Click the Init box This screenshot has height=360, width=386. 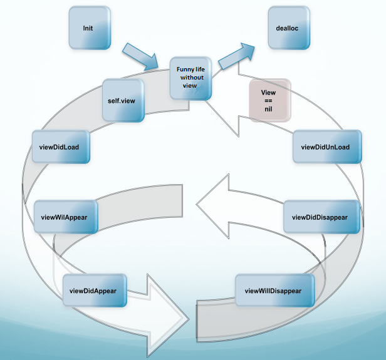90,28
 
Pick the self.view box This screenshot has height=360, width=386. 123,100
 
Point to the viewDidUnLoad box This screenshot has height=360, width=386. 325,147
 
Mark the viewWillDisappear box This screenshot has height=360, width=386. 273,291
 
